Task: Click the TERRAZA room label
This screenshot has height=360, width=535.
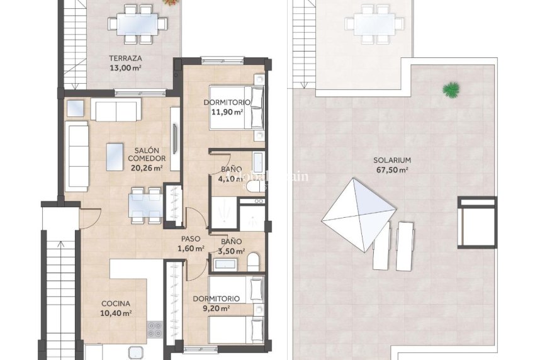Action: point(124,60)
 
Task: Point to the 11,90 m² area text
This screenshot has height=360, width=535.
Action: point(227,111)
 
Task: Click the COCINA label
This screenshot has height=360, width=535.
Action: point(116,304)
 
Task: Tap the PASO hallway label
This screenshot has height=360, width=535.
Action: point(191,239)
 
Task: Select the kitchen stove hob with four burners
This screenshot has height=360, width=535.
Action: point(154,329)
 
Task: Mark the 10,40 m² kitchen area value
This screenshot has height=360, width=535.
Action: point(116,313)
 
